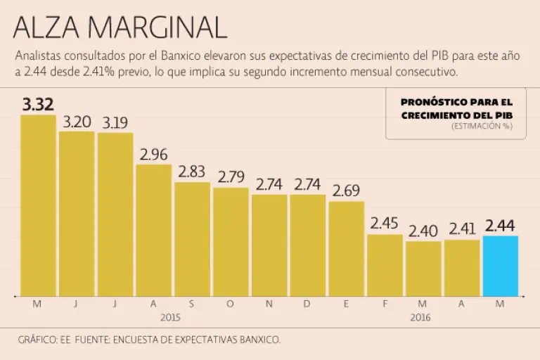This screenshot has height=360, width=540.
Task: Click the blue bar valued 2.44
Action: pos(501,266)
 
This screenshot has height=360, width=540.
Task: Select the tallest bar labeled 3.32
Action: pos(38,205)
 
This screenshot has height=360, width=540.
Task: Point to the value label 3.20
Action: pos(77,122)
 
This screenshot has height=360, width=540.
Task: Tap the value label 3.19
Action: pos(115,123)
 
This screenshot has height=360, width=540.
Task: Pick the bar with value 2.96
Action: pos(154,230)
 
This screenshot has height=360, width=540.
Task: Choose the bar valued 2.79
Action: pos(231,242)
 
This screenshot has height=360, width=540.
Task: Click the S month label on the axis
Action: pos(192,304)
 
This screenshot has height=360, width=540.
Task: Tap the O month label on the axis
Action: pos(231,304)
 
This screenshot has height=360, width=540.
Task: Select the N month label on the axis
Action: pos(269,304)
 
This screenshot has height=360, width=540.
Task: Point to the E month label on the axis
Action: pos(346,304)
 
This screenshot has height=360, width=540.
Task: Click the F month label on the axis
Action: pos(385,304)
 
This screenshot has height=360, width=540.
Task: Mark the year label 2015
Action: pos(171,317)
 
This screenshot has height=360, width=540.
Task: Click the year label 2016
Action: pos(420,317)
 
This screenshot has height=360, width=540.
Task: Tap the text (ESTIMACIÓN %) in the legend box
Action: pos(482,127)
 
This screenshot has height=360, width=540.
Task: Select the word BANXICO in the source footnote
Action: pos(261,340)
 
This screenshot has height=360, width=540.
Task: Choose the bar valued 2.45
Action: pos(385,265)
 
